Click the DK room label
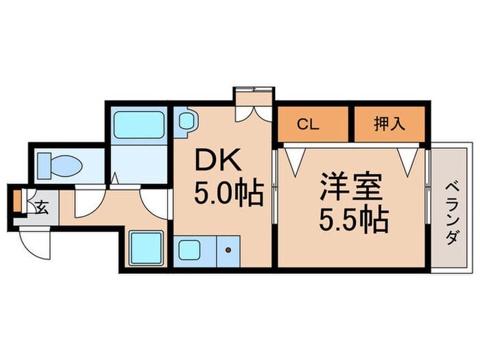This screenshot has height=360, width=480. pos(218,163)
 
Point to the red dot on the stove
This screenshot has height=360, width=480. pos(227,250)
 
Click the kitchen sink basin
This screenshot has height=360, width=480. pos(190,249)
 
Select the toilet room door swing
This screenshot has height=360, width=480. pos(88,204)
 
